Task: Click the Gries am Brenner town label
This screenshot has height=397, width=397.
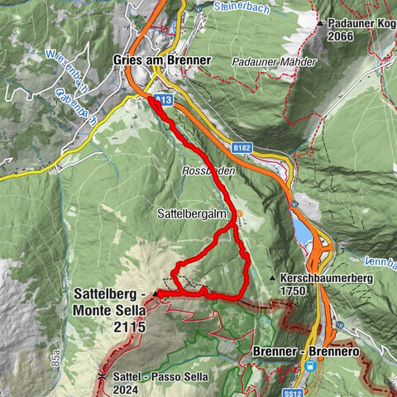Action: point(161,60)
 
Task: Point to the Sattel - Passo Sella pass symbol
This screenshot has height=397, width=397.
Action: point(101,376)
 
